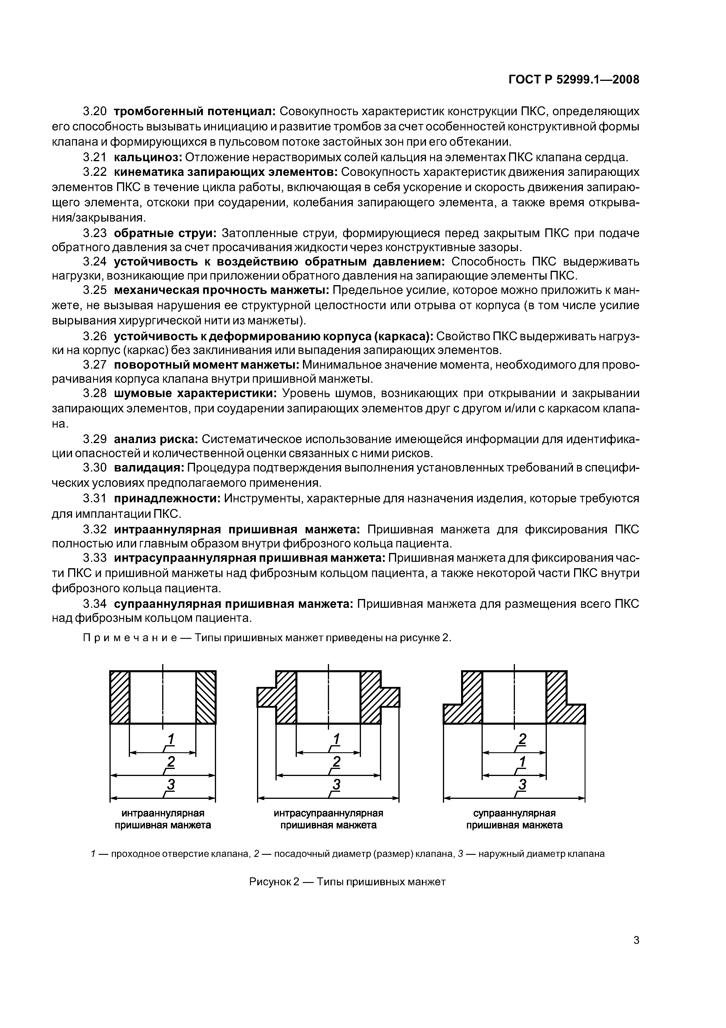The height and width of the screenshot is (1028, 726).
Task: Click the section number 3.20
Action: coord(95,111)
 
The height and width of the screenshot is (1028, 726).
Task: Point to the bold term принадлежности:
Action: coord(167,498)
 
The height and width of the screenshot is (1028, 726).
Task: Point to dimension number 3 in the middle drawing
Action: coord(336,784)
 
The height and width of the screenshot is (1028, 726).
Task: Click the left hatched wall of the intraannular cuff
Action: coord(119,697)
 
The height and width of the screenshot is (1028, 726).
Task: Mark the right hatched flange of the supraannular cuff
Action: coord(566,713)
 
